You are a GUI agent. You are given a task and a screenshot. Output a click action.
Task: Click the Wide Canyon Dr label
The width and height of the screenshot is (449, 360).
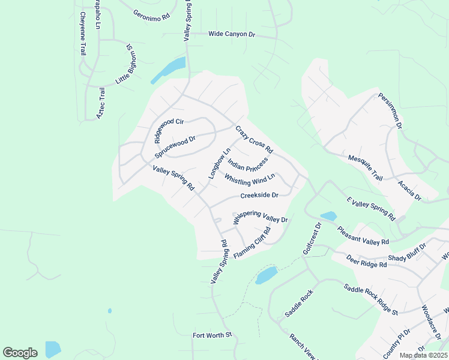pyautogui.click(x=232, y=34)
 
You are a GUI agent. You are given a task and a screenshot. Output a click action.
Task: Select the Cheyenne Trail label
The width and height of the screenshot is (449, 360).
pyautogui.click(x=83, y=35)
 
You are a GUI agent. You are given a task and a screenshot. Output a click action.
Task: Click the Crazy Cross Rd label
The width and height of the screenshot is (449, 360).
pyautogui.click(x=254, y=139)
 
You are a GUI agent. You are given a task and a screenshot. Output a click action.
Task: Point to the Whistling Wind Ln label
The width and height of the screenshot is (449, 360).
pyautogui.click(x=250, y=178)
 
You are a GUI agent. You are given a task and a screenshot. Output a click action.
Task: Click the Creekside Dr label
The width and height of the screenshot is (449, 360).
pyautogui.click(x=259, y=196)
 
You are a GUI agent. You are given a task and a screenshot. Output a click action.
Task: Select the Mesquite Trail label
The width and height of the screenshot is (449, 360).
pyautogui.click(x=366, y=168)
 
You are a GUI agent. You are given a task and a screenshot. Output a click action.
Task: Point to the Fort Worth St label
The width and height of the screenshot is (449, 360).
pyautogui.click(x=212, y=335)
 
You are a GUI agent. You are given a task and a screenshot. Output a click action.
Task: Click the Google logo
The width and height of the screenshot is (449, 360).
pyautogui.click(x=20, y=353)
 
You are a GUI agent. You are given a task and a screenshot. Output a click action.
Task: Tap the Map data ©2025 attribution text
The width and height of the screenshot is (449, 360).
pyautogui.click(x=423, y=355)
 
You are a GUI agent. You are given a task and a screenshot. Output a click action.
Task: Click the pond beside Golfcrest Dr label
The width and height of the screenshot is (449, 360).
pyautogui.click(x=328, y=216)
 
